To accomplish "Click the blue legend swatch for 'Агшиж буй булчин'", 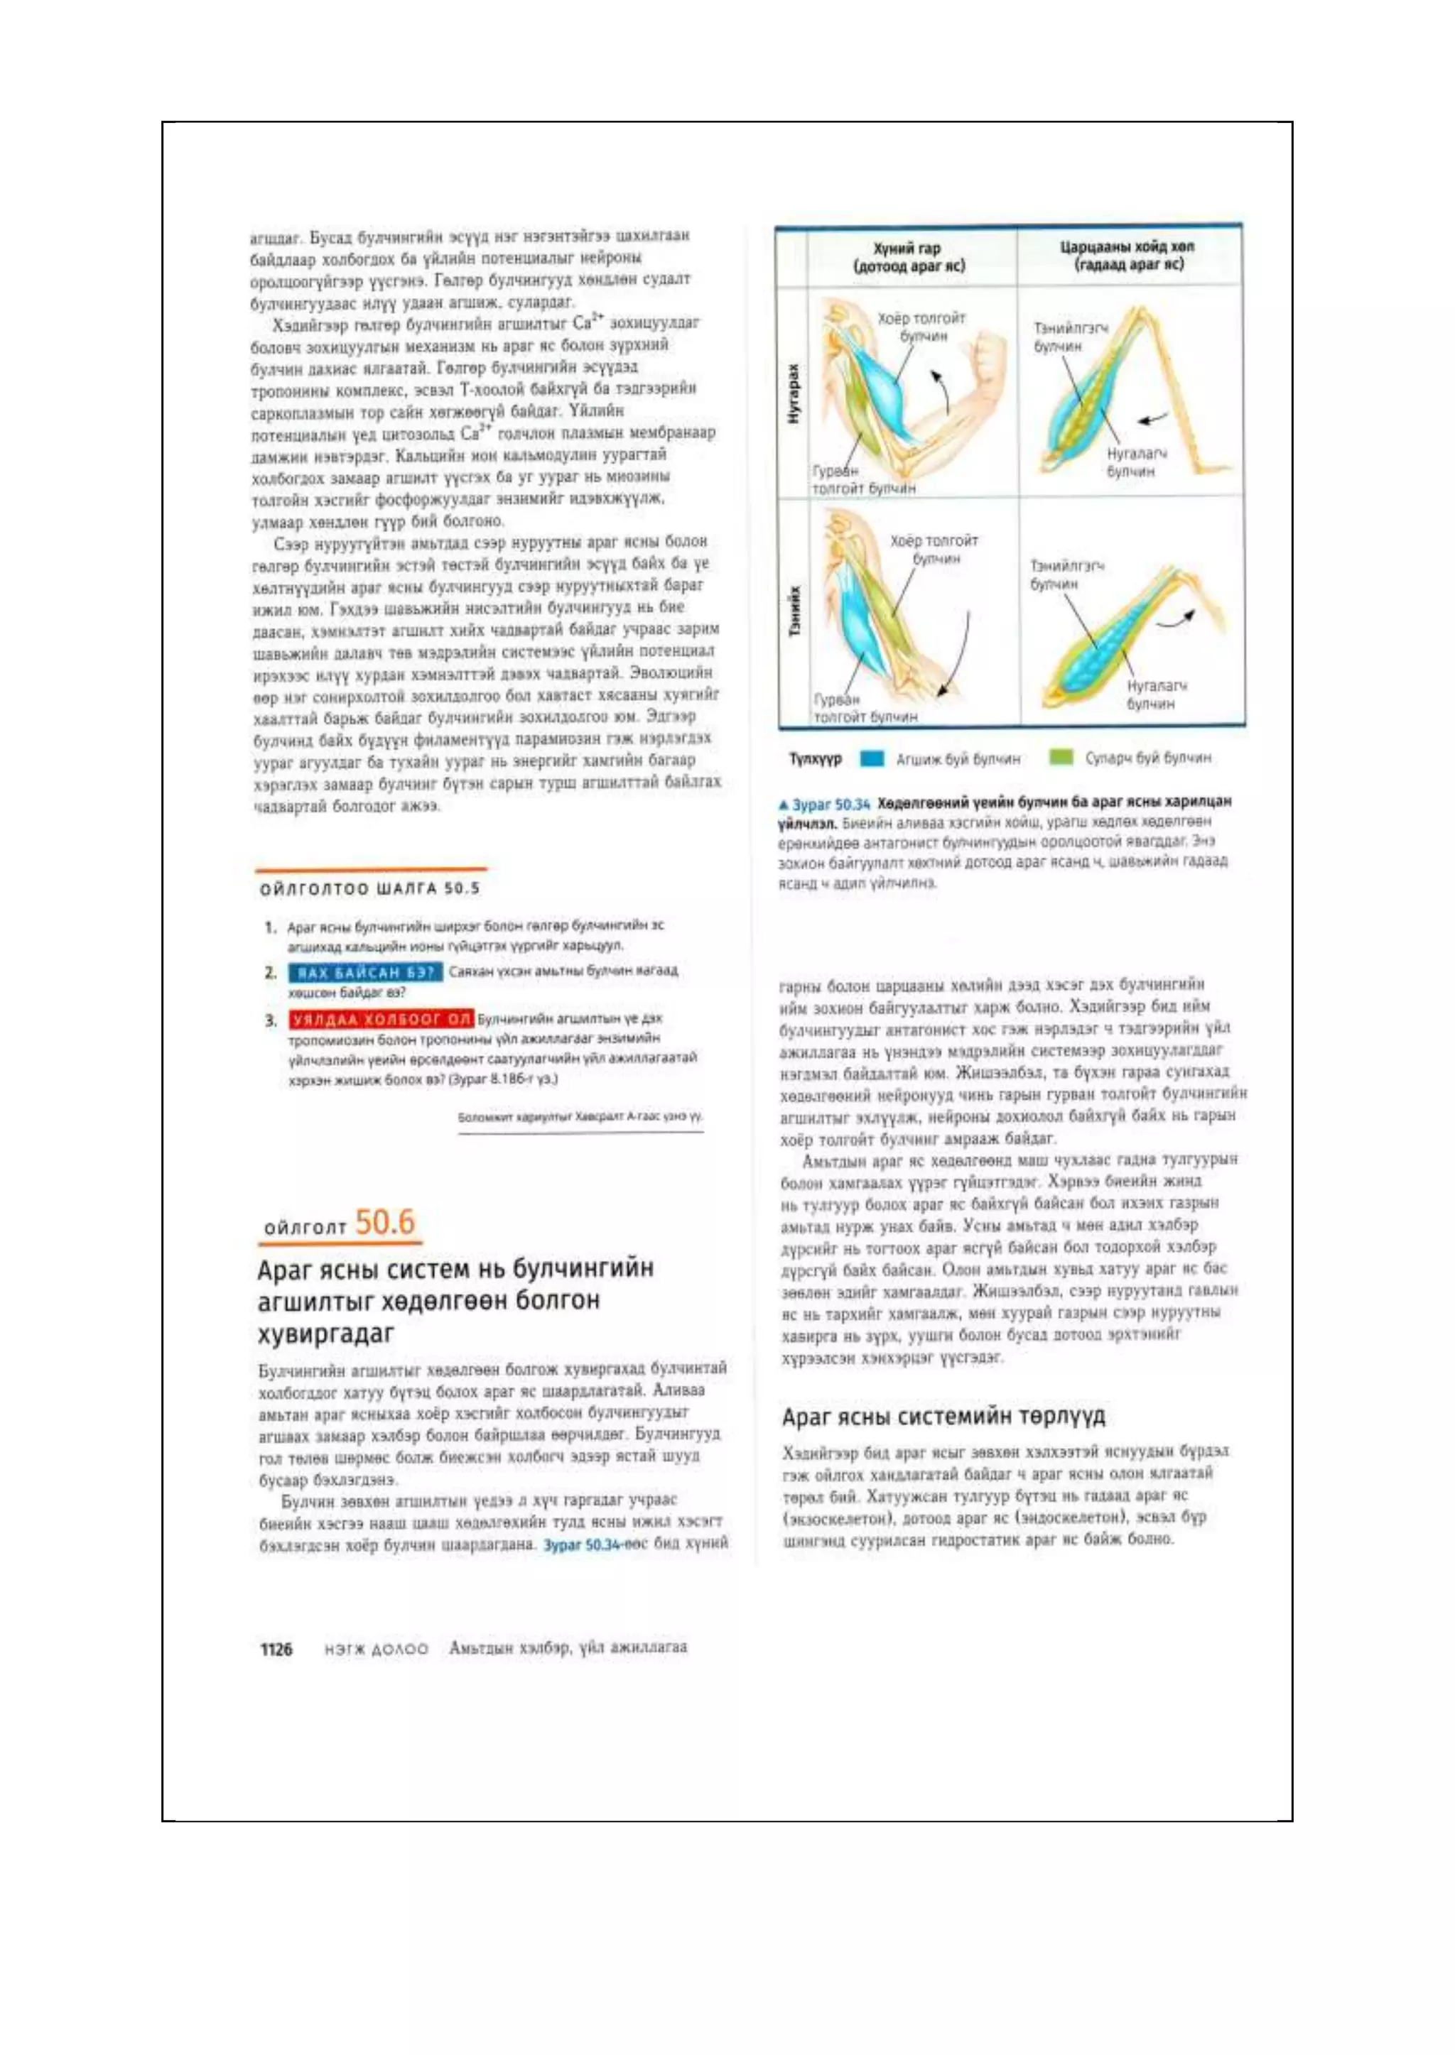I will click(872, 758).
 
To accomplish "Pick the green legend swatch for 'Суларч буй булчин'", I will click(1061, 758).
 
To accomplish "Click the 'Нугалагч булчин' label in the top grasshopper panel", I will click(1136, 462).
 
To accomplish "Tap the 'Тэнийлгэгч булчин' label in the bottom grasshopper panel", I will click(1066, 575).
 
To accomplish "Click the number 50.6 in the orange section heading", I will click(384, 1221).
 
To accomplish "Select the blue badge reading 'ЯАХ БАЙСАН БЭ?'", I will click(364, 971).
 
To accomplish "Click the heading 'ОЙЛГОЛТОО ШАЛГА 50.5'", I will click(369, 888).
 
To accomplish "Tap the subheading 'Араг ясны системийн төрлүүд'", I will click(943, 1417).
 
